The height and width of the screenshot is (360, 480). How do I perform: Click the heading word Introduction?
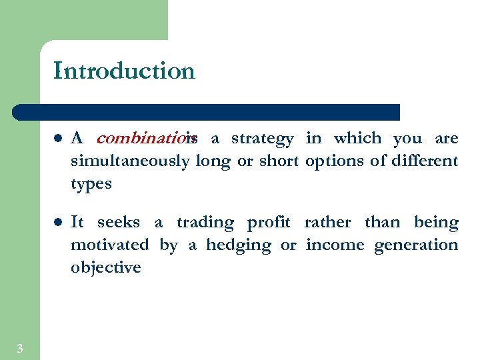point(124,71)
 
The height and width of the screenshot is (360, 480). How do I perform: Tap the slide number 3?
point(20,348)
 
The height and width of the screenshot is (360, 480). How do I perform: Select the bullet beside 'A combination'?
point(58,139)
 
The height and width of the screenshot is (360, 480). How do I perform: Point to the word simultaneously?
point(130,161)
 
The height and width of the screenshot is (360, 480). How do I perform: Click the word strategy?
point(262,139)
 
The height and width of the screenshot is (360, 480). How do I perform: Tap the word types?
point(91,184)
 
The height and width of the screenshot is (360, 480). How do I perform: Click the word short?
point(279,161)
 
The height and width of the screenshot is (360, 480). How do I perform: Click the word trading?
point(205,223)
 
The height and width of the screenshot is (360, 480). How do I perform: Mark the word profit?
point(269,223)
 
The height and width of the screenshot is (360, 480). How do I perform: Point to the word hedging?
point(238,245)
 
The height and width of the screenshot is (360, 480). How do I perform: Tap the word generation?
point(416,245)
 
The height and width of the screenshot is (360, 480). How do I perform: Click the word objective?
point(105,268)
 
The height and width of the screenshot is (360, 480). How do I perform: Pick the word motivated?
point(110,245)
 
